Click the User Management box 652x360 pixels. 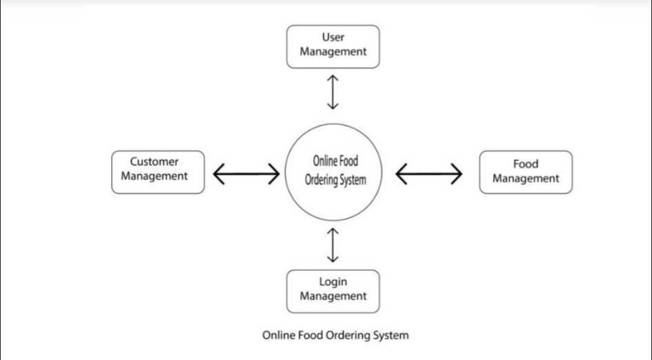333,47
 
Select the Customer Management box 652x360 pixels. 158,172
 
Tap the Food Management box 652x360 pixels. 525,172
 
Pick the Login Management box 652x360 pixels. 333,291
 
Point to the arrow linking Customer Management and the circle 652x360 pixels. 246,175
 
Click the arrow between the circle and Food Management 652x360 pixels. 429,175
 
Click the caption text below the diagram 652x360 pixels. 335,335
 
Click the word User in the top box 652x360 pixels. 333,37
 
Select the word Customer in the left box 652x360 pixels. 154,162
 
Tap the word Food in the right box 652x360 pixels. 525,164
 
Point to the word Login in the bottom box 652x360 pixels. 333,281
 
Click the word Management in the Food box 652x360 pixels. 525,179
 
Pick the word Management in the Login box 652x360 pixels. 333,296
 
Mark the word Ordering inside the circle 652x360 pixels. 320,181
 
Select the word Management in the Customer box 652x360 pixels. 154,176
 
